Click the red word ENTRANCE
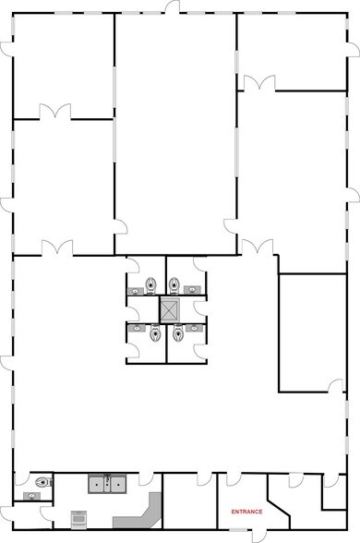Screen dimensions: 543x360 tap(246, 511)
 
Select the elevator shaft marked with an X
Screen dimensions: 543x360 tap(172, 308)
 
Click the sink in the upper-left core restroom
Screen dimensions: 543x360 tap(136, 290)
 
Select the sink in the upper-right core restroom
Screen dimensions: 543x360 tap(192, 290)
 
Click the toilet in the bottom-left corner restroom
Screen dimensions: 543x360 tap(39, 481)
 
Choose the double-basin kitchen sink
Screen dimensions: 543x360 tap(108, 482)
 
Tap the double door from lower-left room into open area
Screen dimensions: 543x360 tap(57, 247)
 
